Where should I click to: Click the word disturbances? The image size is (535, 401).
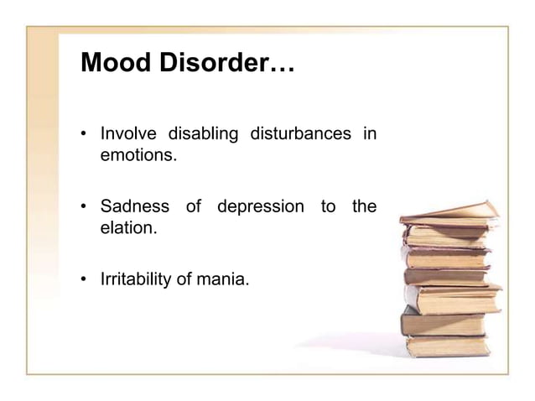[x=304, y=134]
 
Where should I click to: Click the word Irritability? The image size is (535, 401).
[x=138, y=278]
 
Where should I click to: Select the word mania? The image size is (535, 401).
[x=227, y=278]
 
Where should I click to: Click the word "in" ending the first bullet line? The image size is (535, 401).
[x=368, y=134]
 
